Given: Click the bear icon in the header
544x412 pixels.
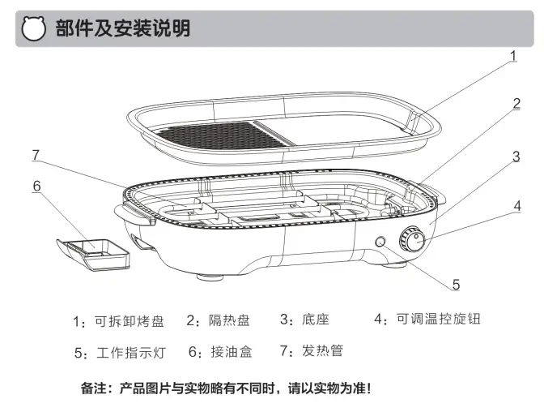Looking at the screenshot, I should pos(33,30).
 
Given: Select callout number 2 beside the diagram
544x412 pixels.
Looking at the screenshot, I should pos(516,103).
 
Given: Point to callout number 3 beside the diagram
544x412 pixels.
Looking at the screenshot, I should pos(516,157).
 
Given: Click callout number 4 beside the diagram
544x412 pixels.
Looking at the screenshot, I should pos(516,205).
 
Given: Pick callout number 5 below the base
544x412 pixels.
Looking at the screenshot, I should pos(457,285).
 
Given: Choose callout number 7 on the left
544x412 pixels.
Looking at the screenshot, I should pos(36,154).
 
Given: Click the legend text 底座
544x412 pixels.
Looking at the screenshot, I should pos(315,320).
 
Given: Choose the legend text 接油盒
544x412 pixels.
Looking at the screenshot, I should pos(232,352).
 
